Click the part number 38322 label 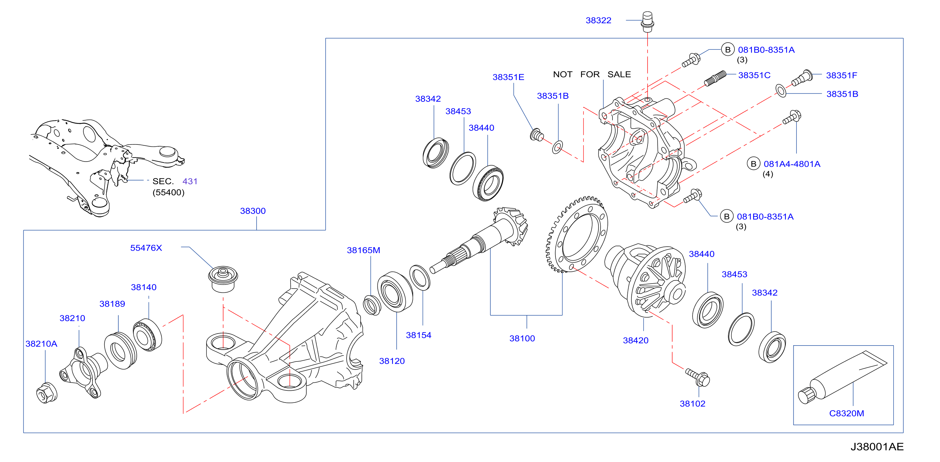[598, 21]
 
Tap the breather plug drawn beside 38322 [647, 21]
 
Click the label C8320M [846, 413]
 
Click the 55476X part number [146, 248]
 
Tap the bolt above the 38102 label [697, 377]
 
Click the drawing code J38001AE [877, 447]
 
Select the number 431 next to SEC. [190, 181]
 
